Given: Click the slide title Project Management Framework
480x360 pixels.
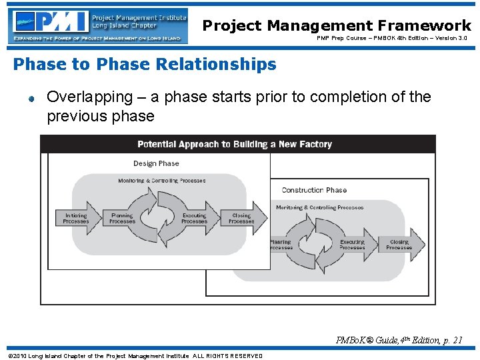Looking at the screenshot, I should (x=337, y=25).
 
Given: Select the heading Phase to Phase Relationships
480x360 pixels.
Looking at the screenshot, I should (x=145, y=65).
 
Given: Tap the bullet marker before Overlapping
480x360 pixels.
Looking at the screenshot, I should (x=31, y=99).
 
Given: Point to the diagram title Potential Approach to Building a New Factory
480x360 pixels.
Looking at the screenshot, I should (x=234, y=144).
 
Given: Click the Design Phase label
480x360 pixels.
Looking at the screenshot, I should (x=156, y=163).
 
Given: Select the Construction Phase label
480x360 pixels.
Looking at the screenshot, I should (x=314, y=190).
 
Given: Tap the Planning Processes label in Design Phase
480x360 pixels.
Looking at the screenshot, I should (x=122, y=218).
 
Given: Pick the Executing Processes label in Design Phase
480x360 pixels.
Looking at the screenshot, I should (x=194, y=218).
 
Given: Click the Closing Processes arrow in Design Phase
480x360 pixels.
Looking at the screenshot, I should (x=242, y=218).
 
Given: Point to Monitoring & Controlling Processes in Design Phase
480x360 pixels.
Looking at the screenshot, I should (x=162, y=181).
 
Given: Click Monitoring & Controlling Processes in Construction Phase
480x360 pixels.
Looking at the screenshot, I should (x=319, y=207).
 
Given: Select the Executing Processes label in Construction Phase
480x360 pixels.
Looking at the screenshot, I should (x=352, y=245).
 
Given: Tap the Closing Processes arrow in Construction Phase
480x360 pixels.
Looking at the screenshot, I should (x=400, y=245).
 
